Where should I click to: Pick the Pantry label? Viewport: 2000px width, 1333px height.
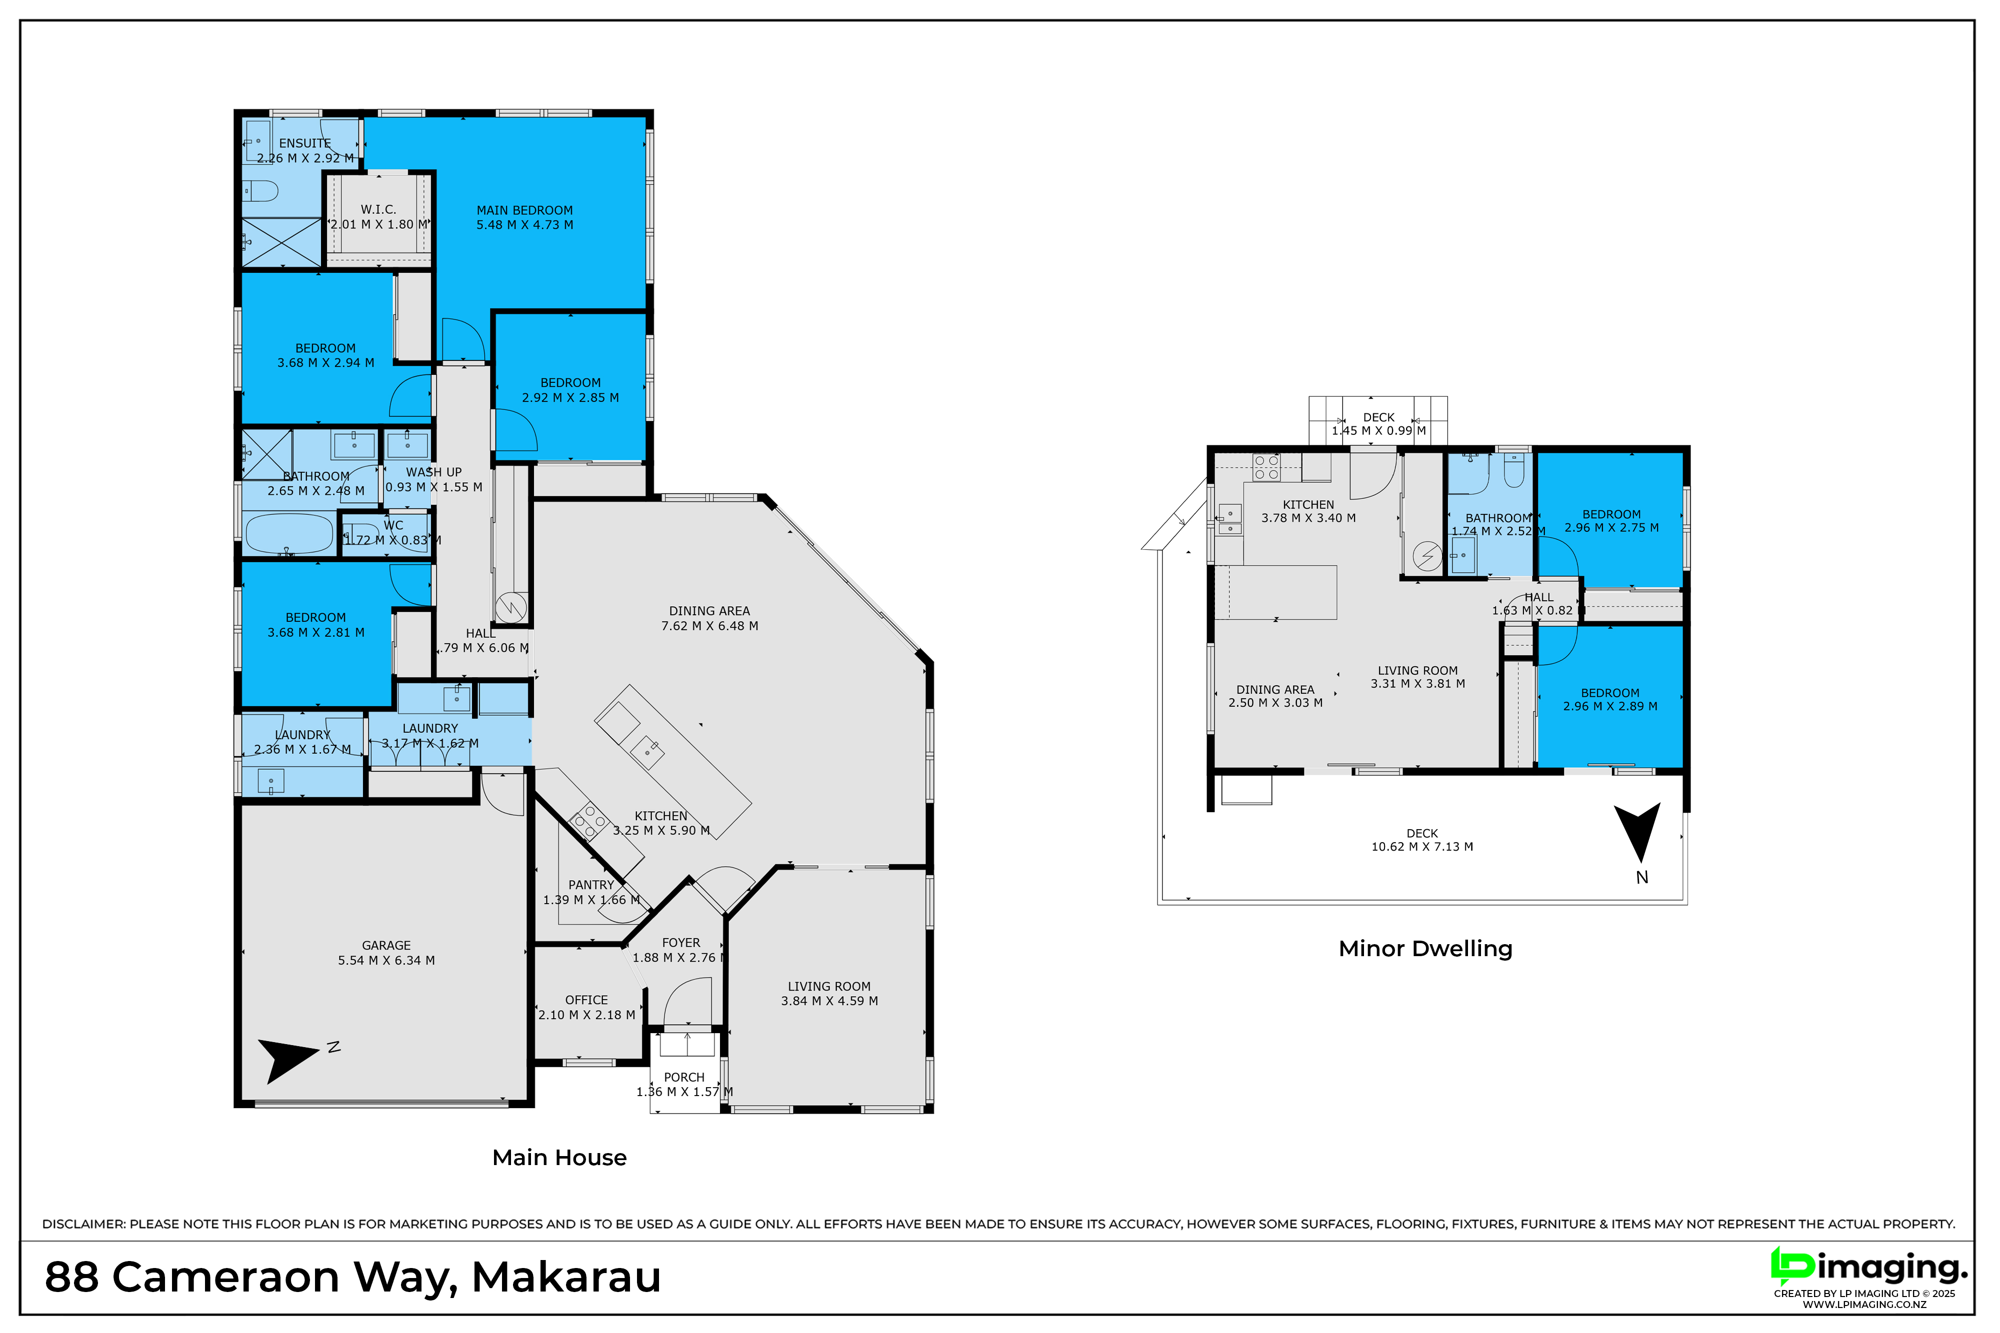coord(591,885)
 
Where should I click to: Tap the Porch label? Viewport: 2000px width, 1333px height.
coord(684,1077)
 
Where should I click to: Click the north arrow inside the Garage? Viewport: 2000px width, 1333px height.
coord(289,1059)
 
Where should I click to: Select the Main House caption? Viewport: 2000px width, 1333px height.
coord(559,1158)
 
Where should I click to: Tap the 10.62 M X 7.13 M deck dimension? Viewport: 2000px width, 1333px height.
coord(1422,847)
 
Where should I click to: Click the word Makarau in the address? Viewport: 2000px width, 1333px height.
coord(566,1278)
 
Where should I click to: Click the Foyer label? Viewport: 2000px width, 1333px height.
coord(681,943)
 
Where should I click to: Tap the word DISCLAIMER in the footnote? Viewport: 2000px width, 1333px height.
coord(83,1224)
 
